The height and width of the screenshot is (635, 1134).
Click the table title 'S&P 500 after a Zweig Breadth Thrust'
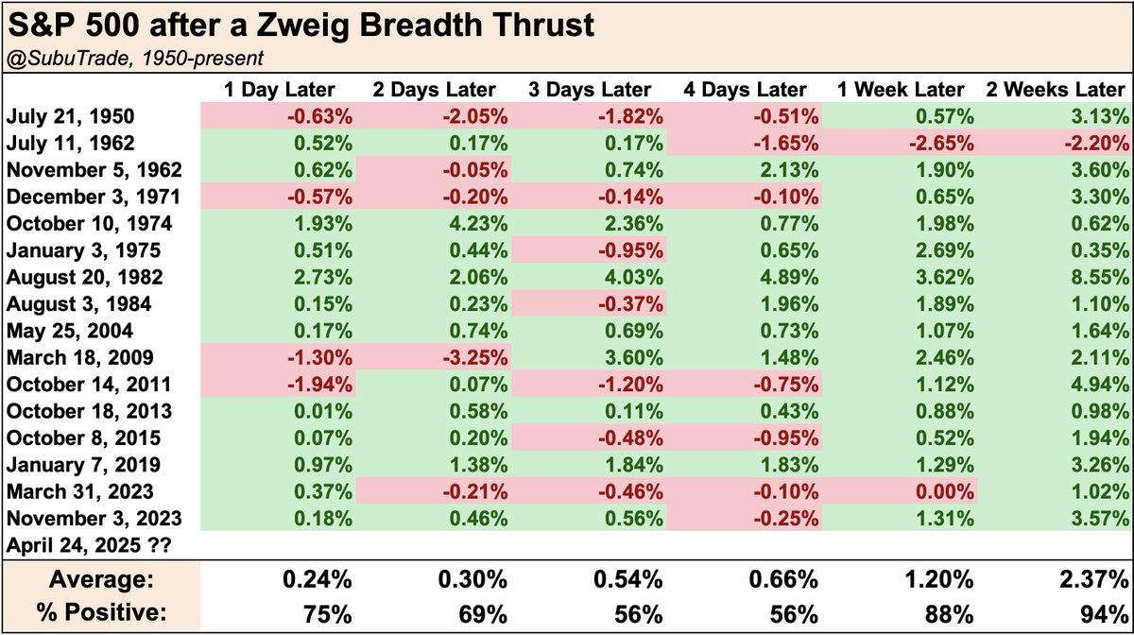coord(301,25)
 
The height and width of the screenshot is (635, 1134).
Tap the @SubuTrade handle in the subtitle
coord(68,59)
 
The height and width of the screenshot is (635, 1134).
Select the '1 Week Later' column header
coord(901,90)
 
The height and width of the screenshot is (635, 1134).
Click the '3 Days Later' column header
coord(590,90)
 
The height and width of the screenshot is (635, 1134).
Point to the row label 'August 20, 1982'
coord(84,277)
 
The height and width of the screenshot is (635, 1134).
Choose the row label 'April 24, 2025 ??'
coord(89,545)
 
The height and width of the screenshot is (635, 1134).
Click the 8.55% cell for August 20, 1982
coord(1100,277)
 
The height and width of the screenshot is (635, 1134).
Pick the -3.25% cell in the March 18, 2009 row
coord(474,357)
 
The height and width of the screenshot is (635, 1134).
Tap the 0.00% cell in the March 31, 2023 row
coord(944,491)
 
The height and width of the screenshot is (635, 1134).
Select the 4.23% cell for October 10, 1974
coord(478,223)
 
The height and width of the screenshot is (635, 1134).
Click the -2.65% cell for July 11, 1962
coord(941,144)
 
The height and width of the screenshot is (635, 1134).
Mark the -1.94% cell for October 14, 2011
coord(319,385)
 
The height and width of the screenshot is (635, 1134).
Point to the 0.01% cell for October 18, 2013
coord(323,411)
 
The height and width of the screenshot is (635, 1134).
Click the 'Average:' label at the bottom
coord(101,579)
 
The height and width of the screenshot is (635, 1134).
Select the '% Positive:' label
coord(101,612)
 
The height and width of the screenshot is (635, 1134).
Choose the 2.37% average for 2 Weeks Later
coord(1094,580)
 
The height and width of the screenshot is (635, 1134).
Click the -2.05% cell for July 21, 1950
coord(474,116)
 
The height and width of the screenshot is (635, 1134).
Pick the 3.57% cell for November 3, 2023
coord(1100,519)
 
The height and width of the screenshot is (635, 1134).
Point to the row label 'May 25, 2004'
coord(69,331)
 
